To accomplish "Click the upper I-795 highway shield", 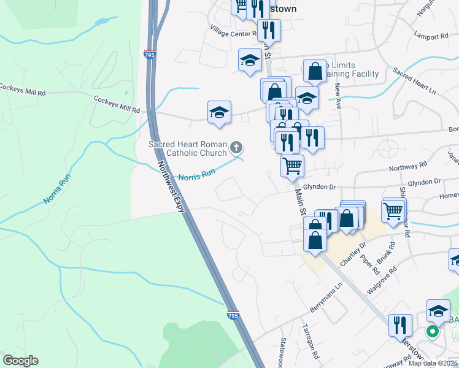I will pyautogui.click(x=150, y=55).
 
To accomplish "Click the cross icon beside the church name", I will pyautogui.click(x=236, y=147).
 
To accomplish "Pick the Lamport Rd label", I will pyautogui.click(x=431, y=36).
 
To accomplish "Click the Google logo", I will pyautogui.click(x=20, y=361).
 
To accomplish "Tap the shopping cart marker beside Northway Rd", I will pyautogui.click(x=293, y=166).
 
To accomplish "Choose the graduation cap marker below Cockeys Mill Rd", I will pyautogui.click(x=219, y=113).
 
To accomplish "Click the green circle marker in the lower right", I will pyautogui.click(x=432, y=332).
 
